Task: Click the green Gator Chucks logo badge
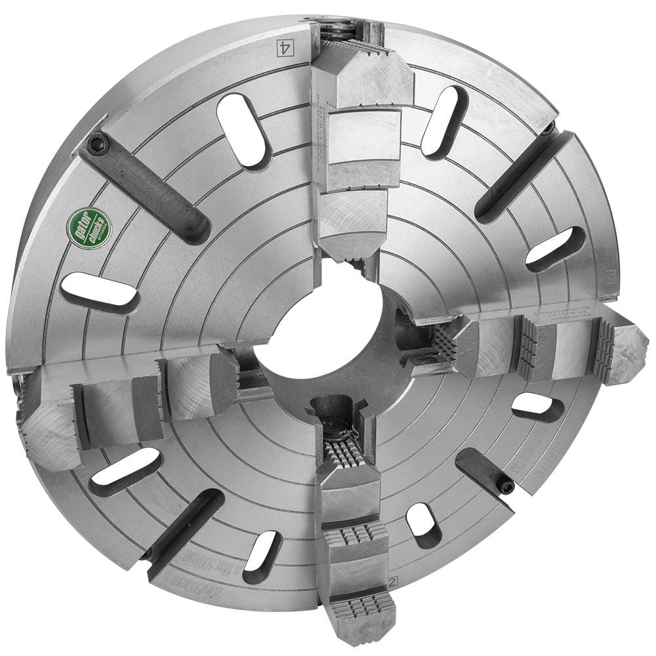[x=89, y=228]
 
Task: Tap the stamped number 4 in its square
[x=284, y=47]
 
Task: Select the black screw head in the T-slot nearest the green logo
[x=98, y=144]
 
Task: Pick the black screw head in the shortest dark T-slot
[x=506, y=486]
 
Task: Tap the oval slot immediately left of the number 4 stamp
[x=243, y=129]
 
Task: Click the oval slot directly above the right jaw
[x=555, y=249]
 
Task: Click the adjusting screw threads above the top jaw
[x=337, y=29]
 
